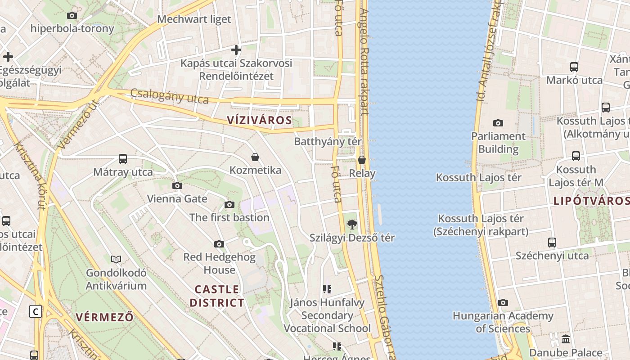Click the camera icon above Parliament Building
pyautogui.click(x=498, y=123)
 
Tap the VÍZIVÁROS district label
pyautogui.click(x=260, y=120)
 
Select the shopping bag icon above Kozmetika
pyautogui.click(x=255, y=157)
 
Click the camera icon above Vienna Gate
pyautogui.click(x=177, y=185)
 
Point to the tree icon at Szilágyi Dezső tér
pyautogui.click(x=352, y=224)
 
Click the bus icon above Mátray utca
pyautogui.click(x=123, y=158)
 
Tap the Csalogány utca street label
pyautogui.click(x=170, y=96)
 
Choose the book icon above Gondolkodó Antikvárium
pyautogui.click(x=116, y=259)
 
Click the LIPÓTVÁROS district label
pyautogui.click(x=591, y=201)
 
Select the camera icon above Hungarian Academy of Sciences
pyautogui.click(x=503, y=303)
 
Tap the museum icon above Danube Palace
pyautogui.click(x=566, y=339)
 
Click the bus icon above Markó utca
pyautogui.click(x=574, y=67)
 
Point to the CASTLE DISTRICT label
pyautogui.click(x=217, y=296)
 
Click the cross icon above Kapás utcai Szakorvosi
pyautogui.click(x=236, y=49)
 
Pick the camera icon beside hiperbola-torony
pyautogui.click(x=72, y=16)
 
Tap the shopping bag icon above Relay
pyautogui.click(x=362, y=160)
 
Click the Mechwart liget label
pyautogui.click(x=194, y=19)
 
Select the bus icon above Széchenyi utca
pyautogui.click(x=552, y=242)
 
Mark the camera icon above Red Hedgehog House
pyautogui.click(x=219, y=244)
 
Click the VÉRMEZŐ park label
pyautogui.click(x=104, y=317)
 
